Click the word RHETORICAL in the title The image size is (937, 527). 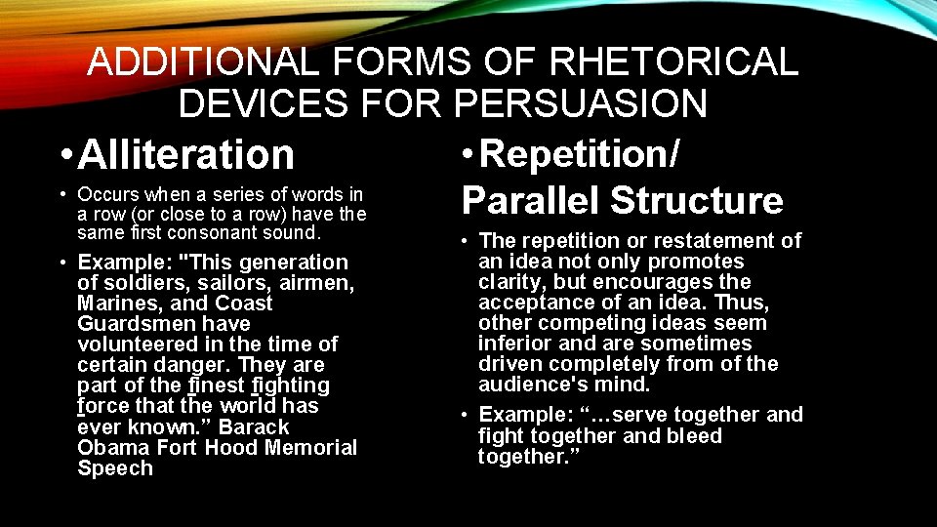pos(674,62)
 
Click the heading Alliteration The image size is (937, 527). pos(185,154)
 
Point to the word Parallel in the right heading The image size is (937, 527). pos(530,200)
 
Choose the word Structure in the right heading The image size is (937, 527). pos(696,200)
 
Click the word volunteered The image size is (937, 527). pos(140,345)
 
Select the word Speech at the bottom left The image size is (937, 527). pos(115,467)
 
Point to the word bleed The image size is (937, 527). pos(691,435)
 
